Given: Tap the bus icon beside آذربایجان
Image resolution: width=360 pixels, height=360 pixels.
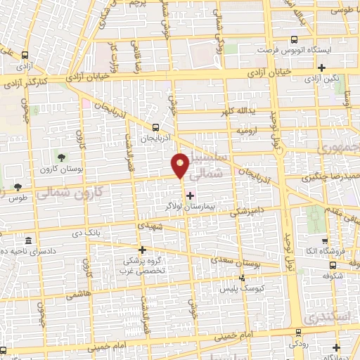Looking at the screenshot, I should (156, 127).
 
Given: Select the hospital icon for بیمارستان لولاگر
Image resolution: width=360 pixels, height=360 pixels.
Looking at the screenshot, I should (189, 195).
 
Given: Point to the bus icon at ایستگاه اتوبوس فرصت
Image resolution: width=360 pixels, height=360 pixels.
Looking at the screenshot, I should (294, 40).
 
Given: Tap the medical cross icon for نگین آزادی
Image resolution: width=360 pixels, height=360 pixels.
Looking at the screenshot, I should (321, 67).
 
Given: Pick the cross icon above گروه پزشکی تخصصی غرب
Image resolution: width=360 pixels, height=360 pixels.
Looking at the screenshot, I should (142, 249).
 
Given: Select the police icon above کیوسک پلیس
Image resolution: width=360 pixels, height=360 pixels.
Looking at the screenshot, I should (243, 278).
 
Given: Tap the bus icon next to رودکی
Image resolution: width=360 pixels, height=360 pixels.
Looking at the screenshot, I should (299, 332).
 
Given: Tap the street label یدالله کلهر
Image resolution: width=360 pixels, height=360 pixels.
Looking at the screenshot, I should (240, 113).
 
